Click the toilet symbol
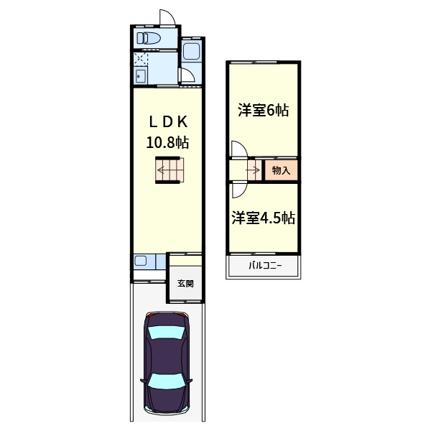click(x=150, y=37)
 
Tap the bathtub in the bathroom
click(x=191, y=50)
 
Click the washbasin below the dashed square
click(x=140, y=75)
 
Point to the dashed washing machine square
click(x=140, y=59)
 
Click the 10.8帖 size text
click(x=167, y=142)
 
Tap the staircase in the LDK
click(x=171, y=171)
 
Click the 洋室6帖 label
click(x=264, y=111)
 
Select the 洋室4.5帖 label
click(x=263, y=218)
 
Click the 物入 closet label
click(x=282, y=171)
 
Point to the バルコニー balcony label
click(x=264, y=267)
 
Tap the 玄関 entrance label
click(x=185, y=283)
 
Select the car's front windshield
click(x=166, y=332)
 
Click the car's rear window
click(x=166, y=381)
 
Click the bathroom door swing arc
click(x=185, y=75)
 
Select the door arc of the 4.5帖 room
click(x=238, y=189)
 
